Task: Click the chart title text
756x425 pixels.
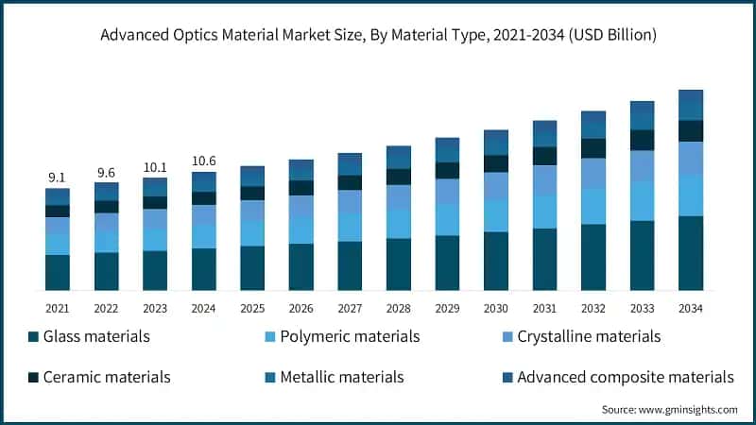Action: pos(378,35)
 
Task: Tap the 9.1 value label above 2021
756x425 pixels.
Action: pos(58,178)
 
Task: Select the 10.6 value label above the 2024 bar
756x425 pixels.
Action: pos(204,161)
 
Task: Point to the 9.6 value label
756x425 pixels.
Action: pos(107,172)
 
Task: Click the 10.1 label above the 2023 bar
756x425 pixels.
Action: pos(155,167)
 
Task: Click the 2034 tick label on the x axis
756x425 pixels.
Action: pos(692,309)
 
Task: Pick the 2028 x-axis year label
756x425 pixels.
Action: pos(399,309)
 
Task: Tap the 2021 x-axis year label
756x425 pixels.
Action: pos(58,309)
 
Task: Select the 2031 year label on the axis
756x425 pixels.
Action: pos(545,309)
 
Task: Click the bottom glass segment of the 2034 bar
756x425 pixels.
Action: pos(692,252)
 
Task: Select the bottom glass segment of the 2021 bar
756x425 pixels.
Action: pos(58,272)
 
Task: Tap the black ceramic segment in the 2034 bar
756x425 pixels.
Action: pos(692,130)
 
